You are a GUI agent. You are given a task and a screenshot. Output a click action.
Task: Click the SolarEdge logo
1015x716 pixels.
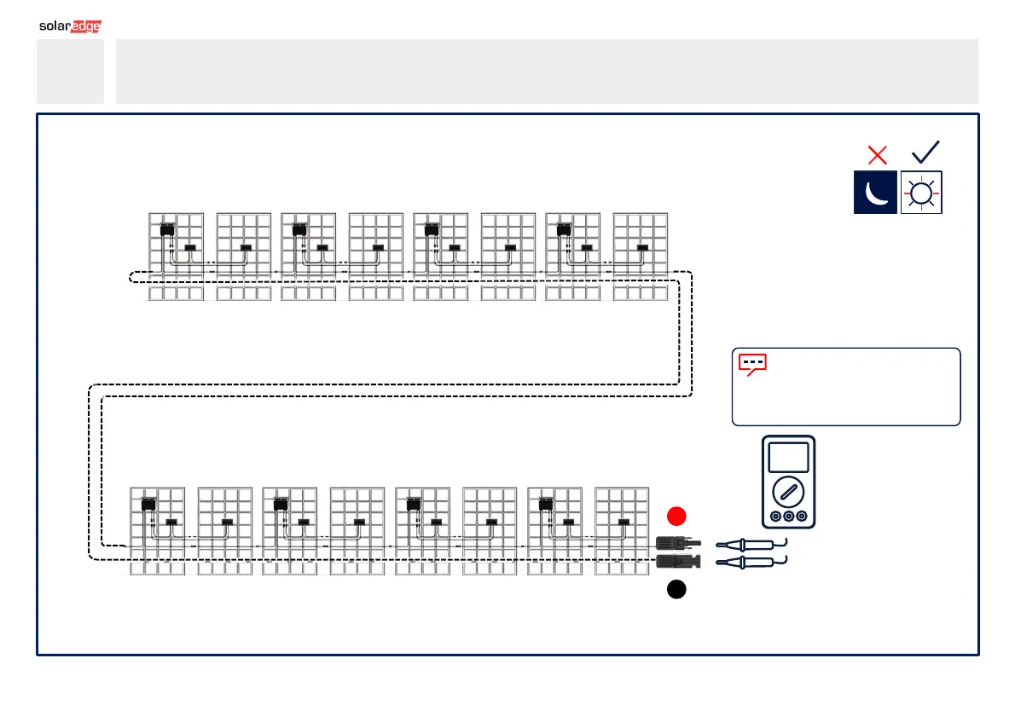(x=70, y=26)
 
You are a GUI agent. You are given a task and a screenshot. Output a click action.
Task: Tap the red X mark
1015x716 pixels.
(x=877, y=154)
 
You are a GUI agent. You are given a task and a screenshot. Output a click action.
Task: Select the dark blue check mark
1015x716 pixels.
(x=925, y=152)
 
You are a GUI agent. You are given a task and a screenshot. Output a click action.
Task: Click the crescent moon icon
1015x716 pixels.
(x=875, y=193)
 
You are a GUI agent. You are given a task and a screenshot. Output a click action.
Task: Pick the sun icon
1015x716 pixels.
(x=921, y=193)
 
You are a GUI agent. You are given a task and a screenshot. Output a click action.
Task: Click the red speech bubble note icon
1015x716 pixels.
(x=752, y=365)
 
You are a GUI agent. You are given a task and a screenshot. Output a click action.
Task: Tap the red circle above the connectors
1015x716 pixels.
(x=676, y=516)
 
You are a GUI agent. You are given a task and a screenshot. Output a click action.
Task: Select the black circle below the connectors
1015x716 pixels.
(x=676, y=589)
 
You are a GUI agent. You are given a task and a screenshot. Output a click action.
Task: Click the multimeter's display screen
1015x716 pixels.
(x=788, y=457)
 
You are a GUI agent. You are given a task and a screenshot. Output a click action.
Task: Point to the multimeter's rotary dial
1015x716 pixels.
(x=788, y=492)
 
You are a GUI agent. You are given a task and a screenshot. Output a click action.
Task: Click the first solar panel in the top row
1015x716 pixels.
(x=177, y=256)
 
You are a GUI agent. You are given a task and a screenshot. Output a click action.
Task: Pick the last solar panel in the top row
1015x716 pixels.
(x=641, y=256)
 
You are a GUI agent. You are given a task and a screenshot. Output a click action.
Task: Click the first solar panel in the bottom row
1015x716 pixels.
(x=157, y=530)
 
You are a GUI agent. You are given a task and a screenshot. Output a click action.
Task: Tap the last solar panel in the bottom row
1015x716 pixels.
(x=622, y=530)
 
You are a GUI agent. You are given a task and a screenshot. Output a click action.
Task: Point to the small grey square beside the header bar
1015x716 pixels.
(x=70, y=71)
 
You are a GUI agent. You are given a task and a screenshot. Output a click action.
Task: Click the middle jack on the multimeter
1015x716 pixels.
(x=788, y=517)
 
